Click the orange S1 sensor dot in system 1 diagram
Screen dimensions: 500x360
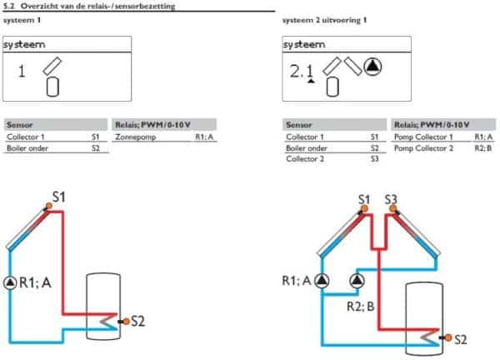coord(49,206)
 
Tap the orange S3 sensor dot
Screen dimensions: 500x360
coord(393,208)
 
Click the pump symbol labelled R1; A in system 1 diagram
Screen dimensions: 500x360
coord(10,282)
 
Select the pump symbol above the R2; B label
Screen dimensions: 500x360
coord(357,281)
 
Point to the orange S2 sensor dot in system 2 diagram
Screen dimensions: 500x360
coord(448,337)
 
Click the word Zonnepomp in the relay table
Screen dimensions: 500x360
coord(136,137)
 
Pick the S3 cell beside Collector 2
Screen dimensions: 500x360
coord(375,159)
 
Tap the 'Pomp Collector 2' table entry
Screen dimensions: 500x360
coord(423,148)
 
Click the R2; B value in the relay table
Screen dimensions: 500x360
coord(483,148)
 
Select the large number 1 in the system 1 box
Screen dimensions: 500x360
coord(22,71)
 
